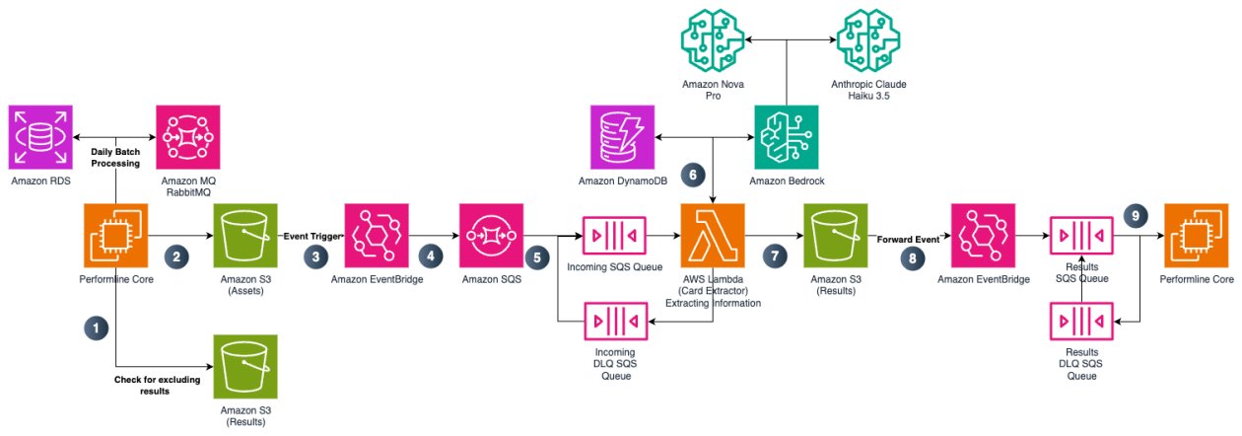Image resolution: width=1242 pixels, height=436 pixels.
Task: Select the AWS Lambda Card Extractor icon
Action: [713, 236]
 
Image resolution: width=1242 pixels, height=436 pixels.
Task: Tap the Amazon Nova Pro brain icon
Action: [712, 38]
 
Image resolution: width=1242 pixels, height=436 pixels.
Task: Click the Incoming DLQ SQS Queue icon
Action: [616, 321]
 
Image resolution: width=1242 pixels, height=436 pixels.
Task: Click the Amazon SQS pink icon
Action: [490, 237]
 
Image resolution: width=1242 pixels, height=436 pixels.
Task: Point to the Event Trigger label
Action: [312, 237]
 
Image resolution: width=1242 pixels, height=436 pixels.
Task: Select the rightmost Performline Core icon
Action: [1195, 237]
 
